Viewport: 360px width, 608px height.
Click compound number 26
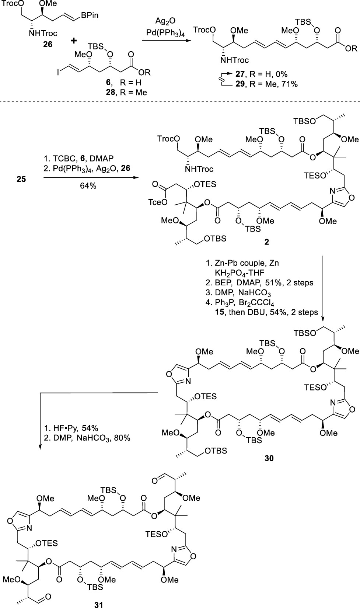click(x=47, y=44)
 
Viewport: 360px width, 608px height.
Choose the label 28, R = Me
click(x=126, y=92)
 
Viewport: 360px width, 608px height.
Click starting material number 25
click(x=21, y=180)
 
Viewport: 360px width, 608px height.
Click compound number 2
click(x=266, y=242)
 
